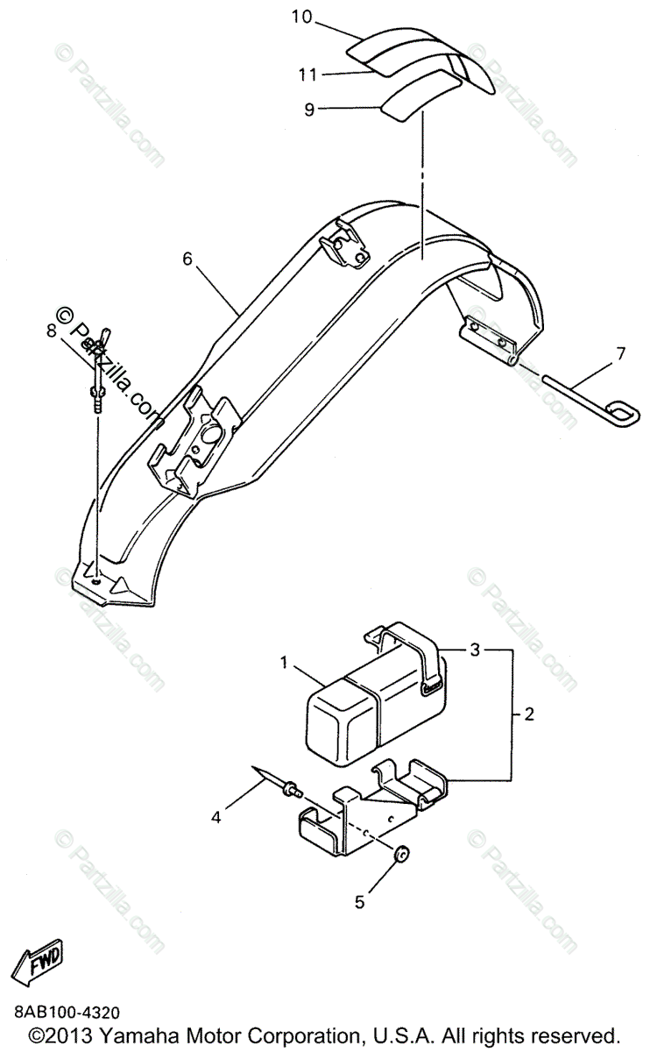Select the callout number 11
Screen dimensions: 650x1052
tap(307, 75)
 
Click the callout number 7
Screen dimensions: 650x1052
tap(620, 354)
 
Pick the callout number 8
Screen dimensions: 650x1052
tap(51, 331)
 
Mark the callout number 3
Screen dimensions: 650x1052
tap(474, 650)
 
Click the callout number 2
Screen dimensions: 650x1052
tap(528, 714)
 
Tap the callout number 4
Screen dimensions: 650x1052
tap(215, 818)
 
